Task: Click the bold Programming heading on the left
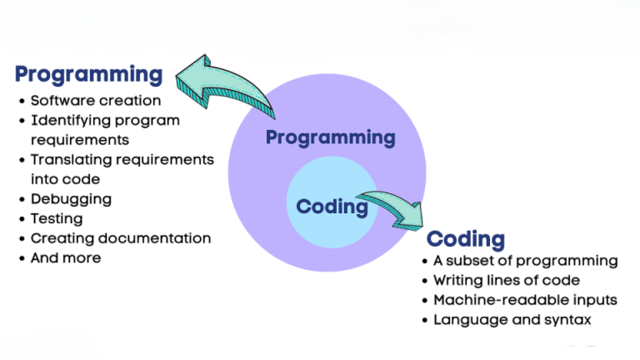coord(88,74)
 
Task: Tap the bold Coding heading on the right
coord(466,240)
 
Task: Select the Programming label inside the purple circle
coord(330,137)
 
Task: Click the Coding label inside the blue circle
coord(332,206)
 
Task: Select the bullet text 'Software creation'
coord(96,100)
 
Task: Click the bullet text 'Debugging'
coord(71,199)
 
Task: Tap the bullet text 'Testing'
coord(57,218)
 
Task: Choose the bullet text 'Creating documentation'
coord(121,238)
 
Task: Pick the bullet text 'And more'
coord(66,258)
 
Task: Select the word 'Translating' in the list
coord(71,159)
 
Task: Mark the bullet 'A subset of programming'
coord(525,261)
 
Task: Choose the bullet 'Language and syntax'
coord(510,320)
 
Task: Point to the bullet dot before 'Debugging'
coord(22,200)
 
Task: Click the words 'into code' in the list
coord(65,179)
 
